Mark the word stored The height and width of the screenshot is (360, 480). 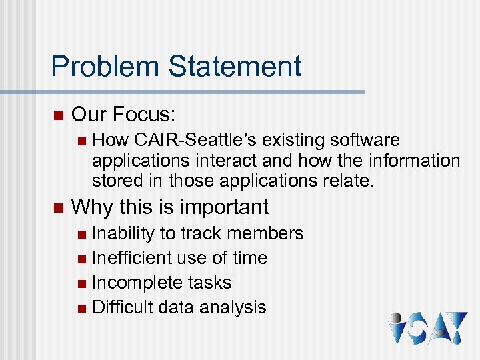115,181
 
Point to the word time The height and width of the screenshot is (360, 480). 249,258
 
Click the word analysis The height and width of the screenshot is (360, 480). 236,307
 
